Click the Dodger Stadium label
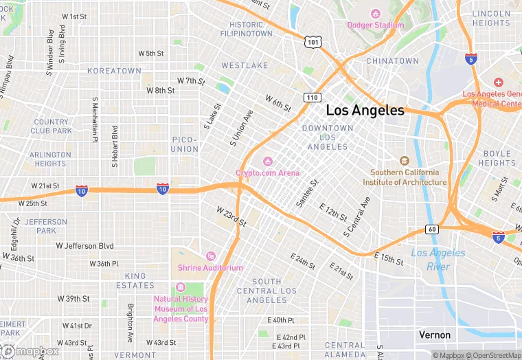tap(375, 25)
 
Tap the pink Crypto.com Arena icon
tap(267, 161)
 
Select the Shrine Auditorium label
tap(210, 267)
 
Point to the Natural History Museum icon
tap(181, 287)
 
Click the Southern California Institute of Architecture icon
tap(404, 160)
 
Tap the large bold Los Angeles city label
tap(365, 110)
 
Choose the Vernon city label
tap(435, 335)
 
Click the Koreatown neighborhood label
tap(114, 71)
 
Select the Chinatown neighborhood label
tap(392, 61)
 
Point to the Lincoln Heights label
tap(491, 19)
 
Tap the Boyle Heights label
tap(497, 159)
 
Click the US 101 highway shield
tap(313, 43)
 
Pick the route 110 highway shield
tap(313, 98)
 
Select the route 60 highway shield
tap(431, 229)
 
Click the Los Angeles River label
tap(438, 260)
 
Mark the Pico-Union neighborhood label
tap(185, 144)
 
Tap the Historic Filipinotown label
tap(246, 29)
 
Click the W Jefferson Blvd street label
tap(84, 245)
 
